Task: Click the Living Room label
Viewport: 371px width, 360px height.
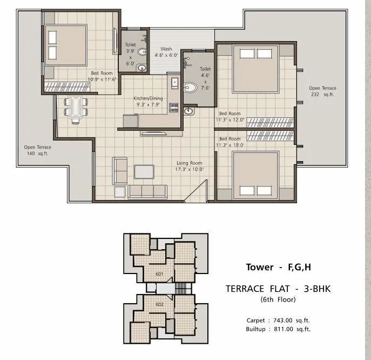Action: [x=189, y=163]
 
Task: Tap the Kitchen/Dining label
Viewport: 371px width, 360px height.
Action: [x=149, y=98]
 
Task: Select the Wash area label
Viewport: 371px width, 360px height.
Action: [x=166, y=49]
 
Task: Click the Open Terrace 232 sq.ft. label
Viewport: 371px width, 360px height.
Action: [x=322, y=91]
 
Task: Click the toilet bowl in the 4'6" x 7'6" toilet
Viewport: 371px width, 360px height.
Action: [x=190, y=86]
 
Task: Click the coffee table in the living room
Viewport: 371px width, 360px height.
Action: [x=144, y=171]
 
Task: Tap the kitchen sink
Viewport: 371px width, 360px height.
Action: [x=174, y=83]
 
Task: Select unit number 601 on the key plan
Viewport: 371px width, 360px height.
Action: [x=159, y=274]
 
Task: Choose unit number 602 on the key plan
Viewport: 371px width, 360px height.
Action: [x=159, y=304]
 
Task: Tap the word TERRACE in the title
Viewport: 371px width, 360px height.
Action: [x=244, y=289]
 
